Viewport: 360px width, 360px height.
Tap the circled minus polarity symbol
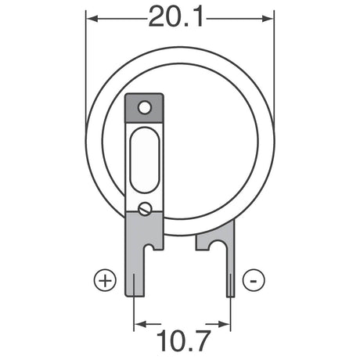[x=252, y=279]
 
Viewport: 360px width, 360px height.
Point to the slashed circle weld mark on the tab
[x=145, y=209]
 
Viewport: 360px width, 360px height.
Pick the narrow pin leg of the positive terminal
[x=135, y=282]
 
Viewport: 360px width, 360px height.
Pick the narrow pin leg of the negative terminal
[x=229, y=282]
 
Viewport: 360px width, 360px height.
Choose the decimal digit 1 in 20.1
[x=204, y=16]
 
